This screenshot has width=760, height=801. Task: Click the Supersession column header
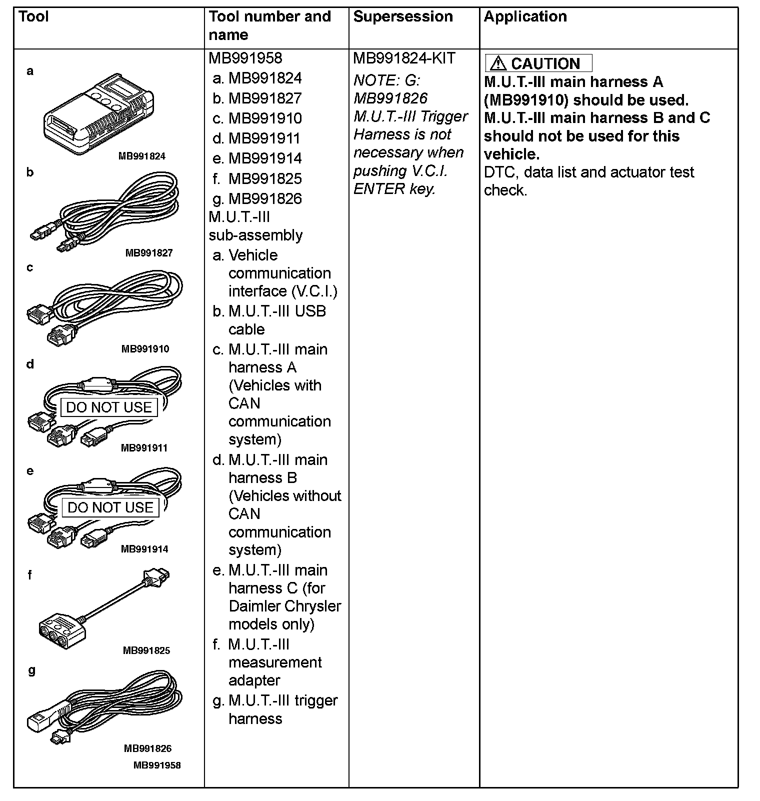[x=402, y=17]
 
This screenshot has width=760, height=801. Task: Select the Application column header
[x=525, y=17]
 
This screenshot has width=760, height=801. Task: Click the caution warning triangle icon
[x=498, y=63]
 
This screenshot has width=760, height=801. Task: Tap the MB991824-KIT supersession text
[x=404, y=58]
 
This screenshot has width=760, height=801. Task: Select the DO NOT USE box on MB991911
[x=109, y=407]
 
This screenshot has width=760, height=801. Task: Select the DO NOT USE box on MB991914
[x=110, y=507]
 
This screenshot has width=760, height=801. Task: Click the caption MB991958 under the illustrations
[x=157, y=765]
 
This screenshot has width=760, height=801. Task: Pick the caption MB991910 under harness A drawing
[x=145, y=349]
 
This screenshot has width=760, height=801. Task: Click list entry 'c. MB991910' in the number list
[x=257, y=118]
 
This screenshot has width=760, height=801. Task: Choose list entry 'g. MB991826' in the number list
[x=257, y=199]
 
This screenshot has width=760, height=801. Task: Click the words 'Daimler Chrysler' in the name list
[x=284, y=606]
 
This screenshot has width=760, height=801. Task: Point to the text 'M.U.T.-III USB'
[x=276, y=311]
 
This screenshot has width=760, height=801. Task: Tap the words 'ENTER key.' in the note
[x=394, y=189]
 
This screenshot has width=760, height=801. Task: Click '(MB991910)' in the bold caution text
[x=525, y=100]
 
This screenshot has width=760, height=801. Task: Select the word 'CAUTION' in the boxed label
[x=545, y=64]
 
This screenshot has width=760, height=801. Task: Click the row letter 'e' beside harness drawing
[x=30, y=471]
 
